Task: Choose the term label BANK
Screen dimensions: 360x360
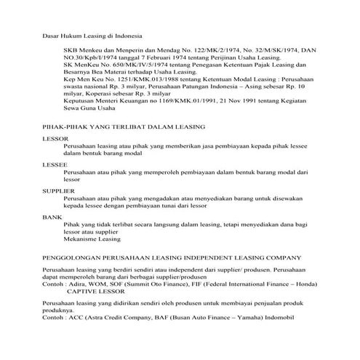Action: pos(53,217)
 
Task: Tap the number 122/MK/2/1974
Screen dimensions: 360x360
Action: pos(199,47)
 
